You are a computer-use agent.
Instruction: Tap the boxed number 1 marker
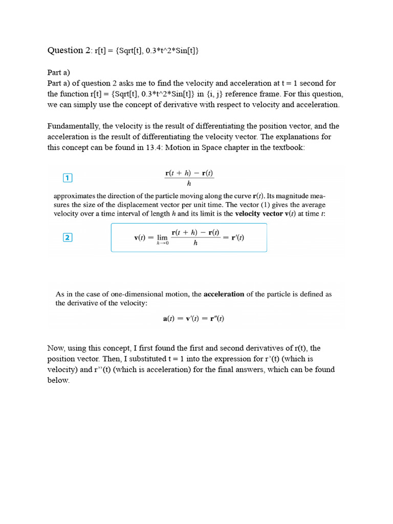(x=68, y=178)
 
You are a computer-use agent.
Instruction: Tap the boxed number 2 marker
(x=68, y=237)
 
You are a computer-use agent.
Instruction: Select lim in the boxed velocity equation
(x=162, y=238)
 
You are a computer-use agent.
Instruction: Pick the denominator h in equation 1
(x=189, y=183)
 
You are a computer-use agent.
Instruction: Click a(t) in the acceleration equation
(x=169, y=318)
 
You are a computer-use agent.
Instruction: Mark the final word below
(x=58, y=381)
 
